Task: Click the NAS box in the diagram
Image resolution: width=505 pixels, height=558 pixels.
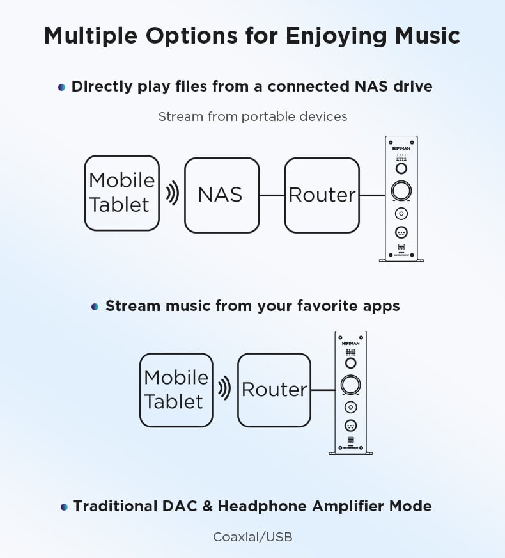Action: [222, 195]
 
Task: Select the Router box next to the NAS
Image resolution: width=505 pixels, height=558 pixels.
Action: [322, 195]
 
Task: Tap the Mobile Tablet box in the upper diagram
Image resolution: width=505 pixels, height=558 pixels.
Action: [122, 193]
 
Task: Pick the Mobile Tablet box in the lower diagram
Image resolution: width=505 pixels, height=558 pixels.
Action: [176, 390]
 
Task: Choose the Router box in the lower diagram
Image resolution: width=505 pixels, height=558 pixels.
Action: [274, 390]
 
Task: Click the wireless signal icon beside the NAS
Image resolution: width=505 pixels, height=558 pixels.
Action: [173, 193]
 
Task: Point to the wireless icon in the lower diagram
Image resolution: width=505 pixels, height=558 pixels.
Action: [224, 388]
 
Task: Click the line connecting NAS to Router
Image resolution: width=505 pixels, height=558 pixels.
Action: [272, 195]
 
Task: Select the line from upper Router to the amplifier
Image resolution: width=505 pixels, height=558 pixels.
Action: [373, 195]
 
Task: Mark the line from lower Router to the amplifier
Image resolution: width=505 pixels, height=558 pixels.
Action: [323, 390]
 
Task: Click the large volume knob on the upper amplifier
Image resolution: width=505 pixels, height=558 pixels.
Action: [401, 191]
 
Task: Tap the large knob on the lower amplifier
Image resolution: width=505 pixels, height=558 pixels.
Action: [351, 385]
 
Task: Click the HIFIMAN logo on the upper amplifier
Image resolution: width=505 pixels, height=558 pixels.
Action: [401, 148]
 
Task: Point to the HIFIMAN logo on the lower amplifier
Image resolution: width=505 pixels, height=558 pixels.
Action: [351, 344]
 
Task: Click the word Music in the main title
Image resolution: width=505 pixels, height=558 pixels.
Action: [428, 36]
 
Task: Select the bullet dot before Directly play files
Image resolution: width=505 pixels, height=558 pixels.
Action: [61, 87]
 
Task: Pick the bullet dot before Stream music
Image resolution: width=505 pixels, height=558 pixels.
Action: [95, 307]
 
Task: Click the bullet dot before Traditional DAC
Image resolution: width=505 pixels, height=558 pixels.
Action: [64, 507]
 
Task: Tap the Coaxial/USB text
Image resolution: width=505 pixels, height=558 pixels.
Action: [252, 537]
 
